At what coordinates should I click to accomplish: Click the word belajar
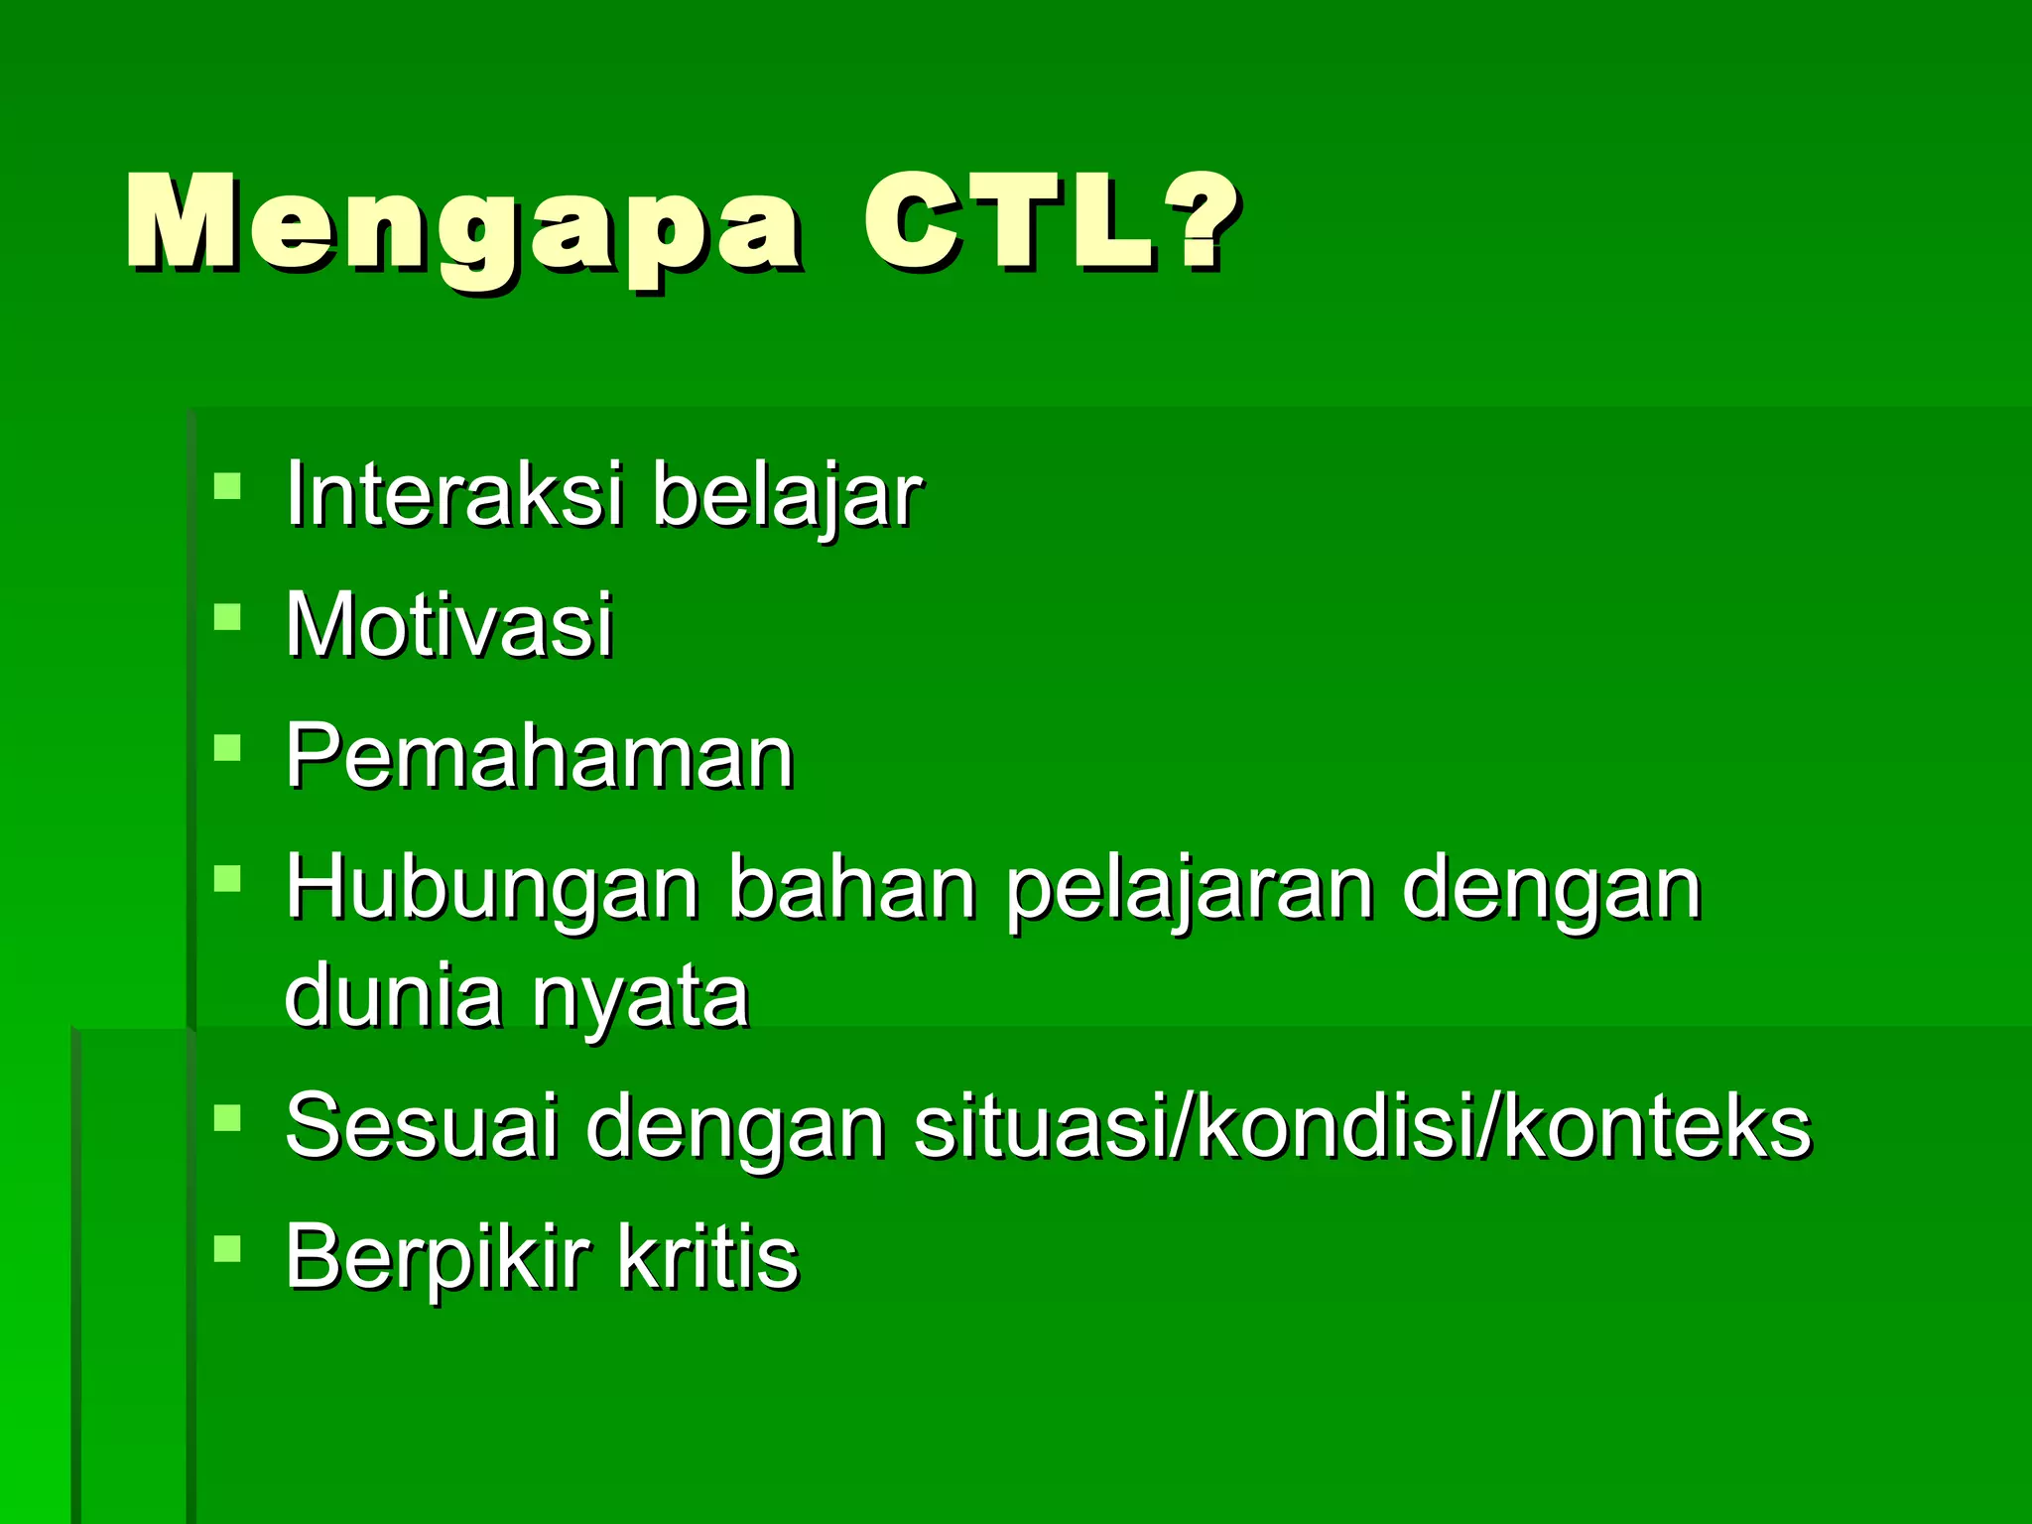(787, 496)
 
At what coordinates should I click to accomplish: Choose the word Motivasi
(449, 625)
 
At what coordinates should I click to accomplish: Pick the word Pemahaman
(540, 757)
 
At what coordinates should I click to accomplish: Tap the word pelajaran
(1189, 890)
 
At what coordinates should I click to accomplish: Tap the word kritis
(706, 1256)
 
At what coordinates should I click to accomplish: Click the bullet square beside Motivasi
(227, 617)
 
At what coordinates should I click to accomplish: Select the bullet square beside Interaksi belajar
(227, 485)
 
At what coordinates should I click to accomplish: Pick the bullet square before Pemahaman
(227, 747)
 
